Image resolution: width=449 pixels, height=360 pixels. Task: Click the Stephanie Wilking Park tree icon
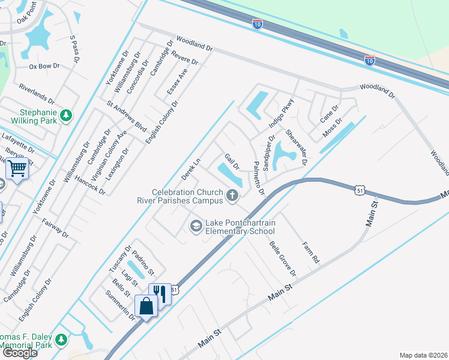tap(67, 115)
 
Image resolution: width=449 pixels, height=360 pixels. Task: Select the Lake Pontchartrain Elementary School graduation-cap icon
tap(195, 226)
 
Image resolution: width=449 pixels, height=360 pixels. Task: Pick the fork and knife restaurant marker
tap(160, 293)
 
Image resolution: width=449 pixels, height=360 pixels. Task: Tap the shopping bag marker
tap(146, 306)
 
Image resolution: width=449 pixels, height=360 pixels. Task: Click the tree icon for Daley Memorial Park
tap(61, 340)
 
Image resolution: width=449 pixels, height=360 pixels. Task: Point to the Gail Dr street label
tap(232, 161)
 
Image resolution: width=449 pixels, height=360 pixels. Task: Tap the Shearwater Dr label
tap(296, 148)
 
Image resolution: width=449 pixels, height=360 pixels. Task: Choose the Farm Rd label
tap(310, 253)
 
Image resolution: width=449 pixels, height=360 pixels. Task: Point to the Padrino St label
tap(143, 262)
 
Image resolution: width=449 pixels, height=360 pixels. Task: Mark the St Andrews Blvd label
tap(127, 116)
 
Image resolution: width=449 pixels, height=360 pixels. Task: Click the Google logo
tap(20, 353)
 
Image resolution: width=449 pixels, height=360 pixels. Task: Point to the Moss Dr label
tap(331, 126)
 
